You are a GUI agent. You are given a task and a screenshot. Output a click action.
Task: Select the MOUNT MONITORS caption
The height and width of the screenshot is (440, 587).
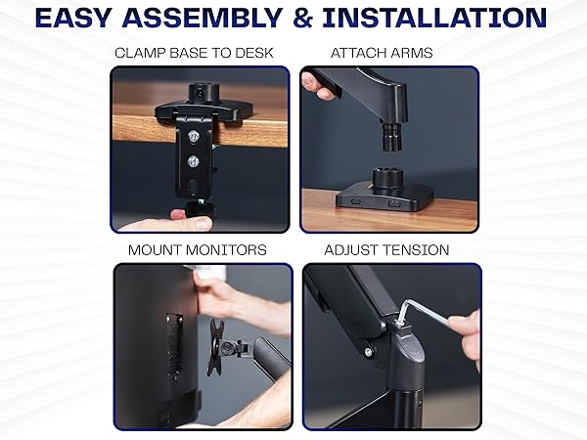point(197,250)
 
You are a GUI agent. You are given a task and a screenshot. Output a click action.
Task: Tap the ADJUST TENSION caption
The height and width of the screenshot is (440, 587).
point(388,250)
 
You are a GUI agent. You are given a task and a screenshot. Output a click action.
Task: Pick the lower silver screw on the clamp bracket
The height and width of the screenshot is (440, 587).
point(194,160)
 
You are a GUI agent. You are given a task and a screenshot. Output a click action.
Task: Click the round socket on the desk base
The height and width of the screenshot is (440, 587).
point(383,179)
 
